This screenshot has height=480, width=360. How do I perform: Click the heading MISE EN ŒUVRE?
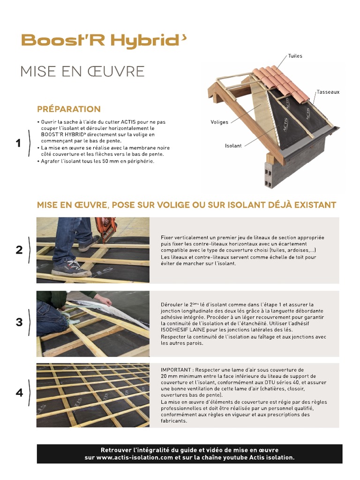click(82, 72)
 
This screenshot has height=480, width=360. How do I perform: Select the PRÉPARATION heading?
click(68, 109)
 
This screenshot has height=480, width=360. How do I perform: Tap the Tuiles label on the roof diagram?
click(295, 56)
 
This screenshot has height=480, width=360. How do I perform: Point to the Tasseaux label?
click(328, 92)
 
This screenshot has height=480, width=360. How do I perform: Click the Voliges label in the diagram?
click(219, 122)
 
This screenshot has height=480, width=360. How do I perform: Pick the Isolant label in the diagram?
click(233, 146)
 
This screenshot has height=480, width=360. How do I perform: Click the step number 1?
click(18, 143)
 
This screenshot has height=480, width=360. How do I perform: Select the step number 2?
click(19, 250)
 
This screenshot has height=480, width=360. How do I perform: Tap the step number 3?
click(19, 322)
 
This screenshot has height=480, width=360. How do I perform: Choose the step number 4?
click(19, 393)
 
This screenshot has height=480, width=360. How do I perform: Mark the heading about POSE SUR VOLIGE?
click(187, 205)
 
